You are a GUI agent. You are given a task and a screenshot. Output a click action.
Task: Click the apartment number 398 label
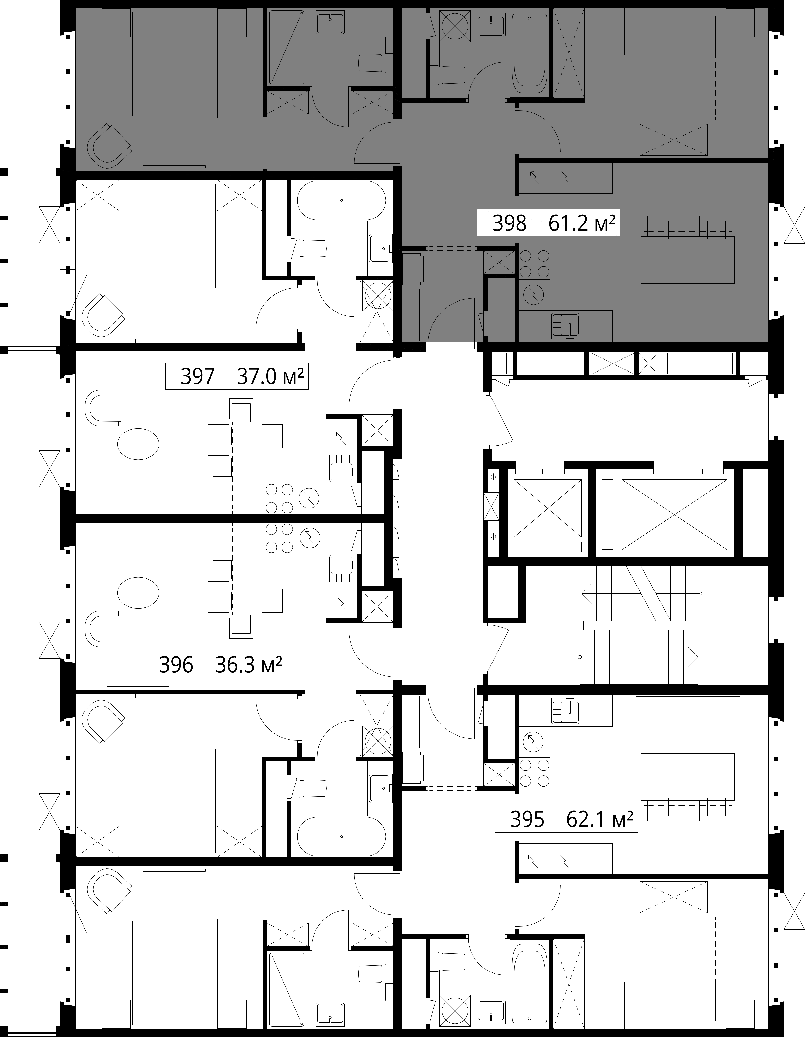point(509,223)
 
